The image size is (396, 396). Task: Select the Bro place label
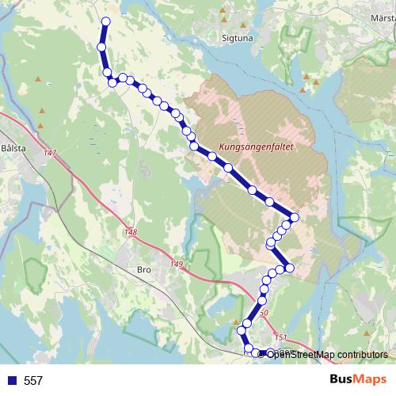143,270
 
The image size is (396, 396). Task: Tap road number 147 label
51,152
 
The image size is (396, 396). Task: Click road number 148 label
131,232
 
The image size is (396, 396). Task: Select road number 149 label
176,264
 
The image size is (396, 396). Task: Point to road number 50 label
265,314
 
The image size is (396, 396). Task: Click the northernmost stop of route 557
105,21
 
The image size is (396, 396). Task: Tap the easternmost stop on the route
295,217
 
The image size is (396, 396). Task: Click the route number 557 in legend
33,381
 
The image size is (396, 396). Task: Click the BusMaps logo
357,380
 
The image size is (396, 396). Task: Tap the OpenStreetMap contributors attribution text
326,354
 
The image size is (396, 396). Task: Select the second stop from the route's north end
101,48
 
